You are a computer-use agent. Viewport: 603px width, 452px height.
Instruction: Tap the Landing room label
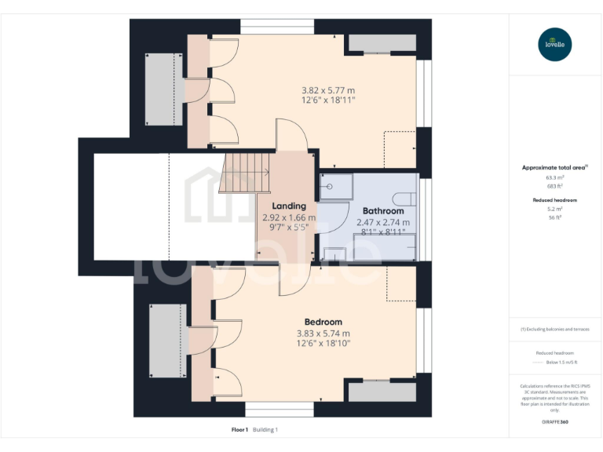[288, 206]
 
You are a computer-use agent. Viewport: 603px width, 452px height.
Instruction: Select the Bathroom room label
[383, 211]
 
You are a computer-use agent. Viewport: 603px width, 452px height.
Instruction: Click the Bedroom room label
[323, 322]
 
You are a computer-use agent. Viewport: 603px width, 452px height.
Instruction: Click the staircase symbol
[247, 173]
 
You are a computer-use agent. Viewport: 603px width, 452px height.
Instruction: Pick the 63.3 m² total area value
[555, 177]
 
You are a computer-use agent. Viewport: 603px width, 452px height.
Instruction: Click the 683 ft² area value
[555, 185]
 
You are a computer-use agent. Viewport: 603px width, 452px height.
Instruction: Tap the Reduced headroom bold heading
[555, 200]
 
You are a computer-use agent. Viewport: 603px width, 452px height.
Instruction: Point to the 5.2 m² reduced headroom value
[555, 209]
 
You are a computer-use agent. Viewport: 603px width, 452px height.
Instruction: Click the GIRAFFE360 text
[555, 422]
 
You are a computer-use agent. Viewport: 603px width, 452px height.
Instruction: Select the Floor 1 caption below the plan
[239, 430]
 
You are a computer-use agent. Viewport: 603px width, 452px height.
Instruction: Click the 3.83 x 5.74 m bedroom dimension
[323, 333]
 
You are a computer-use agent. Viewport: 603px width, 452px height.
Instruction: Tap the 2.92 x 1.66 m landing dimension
[288, 217]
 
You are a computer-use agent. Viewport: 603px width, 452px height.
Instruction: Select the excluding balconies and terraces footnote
[555, 329]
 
